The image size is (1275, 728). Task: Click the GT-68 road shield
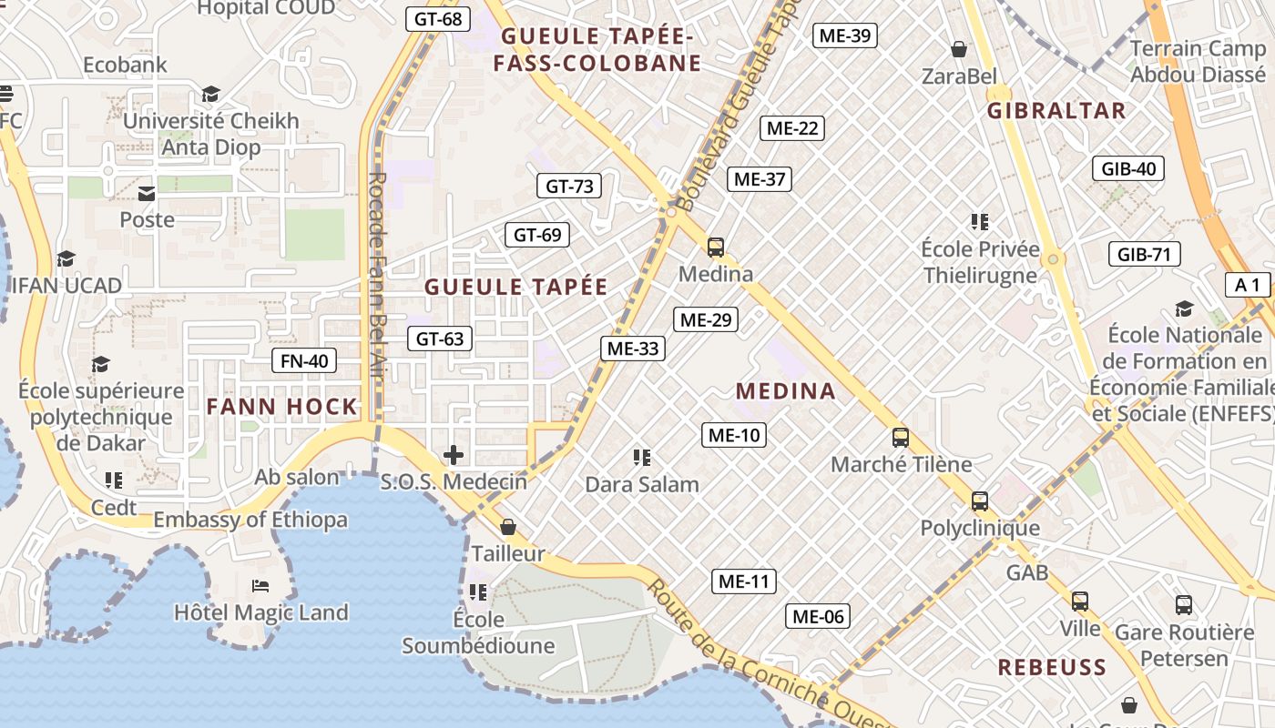coord(438,18)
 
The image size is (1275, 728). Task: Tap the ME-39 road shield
coord(844,35)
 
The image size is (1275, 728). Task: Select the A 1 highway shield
coord(1248,285)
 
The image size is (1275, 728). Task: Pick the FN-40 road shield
coord(304,360)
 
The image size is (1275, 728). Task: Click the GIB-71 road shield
coord(1144,254)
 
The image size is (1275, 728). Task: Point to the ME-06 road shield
coord(818,616)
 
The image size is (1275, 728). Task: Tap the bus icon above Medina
coord(716,247)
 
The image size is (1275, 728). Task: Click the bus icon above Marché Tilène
coord(901,438)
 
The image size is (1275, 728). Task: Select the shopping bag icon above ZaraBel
coord(958,48)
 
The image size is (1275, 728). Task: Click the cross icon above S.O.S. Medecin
coord(454,455)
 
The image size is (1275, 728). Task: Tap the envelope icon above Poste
coord(147,193)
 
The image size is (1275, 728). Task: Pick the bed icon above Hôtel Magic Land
coord(260,585)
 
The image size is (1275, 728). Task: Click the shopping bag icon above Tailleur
coord(508,527)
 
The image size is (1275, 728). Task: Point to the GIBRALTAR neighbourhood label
coord(1056,111)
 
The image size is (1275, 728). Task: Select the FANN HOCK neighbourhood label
coord(282,407)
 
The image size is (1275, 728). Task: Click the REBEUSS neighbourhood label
coord(1052,667)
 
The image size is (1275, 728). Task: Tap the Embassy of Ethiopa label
coord(250,520)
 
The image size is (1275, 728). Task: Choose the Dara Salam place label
coord(642,484)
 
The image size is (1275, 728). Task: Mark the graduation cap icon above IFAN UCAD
coord(66,259)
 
